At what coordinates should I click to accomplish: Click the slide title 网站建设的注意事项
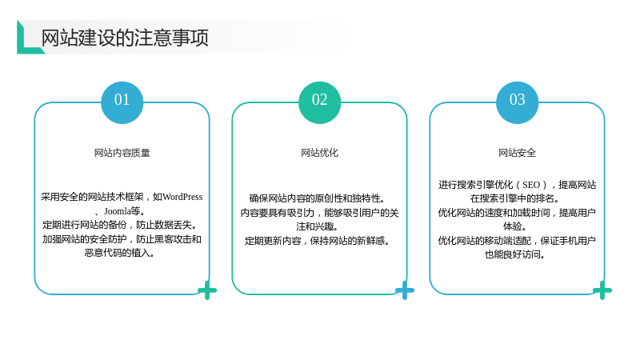click(125, 38)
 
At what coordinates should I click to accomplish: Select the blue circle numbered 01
click(122, 102)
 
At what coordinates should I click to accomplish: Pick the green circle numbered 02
click(319, 102)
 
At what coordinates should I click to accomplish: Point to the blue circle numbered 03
click(517, 102)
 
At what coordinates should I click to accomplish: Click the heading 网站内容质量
click(122, 153)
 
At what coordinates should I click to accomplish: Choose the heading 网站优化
click(319, 153)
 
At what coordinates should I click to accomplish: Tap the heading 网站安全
click(517, 153)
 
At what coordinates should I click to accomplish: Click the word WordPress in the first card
click(182, 197)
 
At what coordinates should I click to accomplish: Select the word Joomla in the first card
click(117, 211)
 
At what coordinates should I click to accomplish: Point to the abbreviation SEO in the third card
click(531, 185)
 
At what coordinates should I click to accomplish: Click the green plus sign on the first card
click(207, 290)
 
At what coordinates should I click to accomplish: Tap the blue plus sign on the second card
click(405, 290)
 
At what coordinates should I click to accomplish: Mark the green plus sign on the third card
click(602, 290)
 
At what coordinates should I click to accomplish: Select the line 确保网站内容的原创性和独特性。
click(318, 198)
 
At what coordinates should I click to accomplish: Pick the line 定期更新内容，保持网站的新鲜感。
click(318, 241)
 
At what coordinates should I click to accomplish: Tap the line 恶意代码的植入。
click(120, 253)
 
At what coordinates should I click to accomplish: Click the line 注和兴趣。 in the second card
click(318, 226)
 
